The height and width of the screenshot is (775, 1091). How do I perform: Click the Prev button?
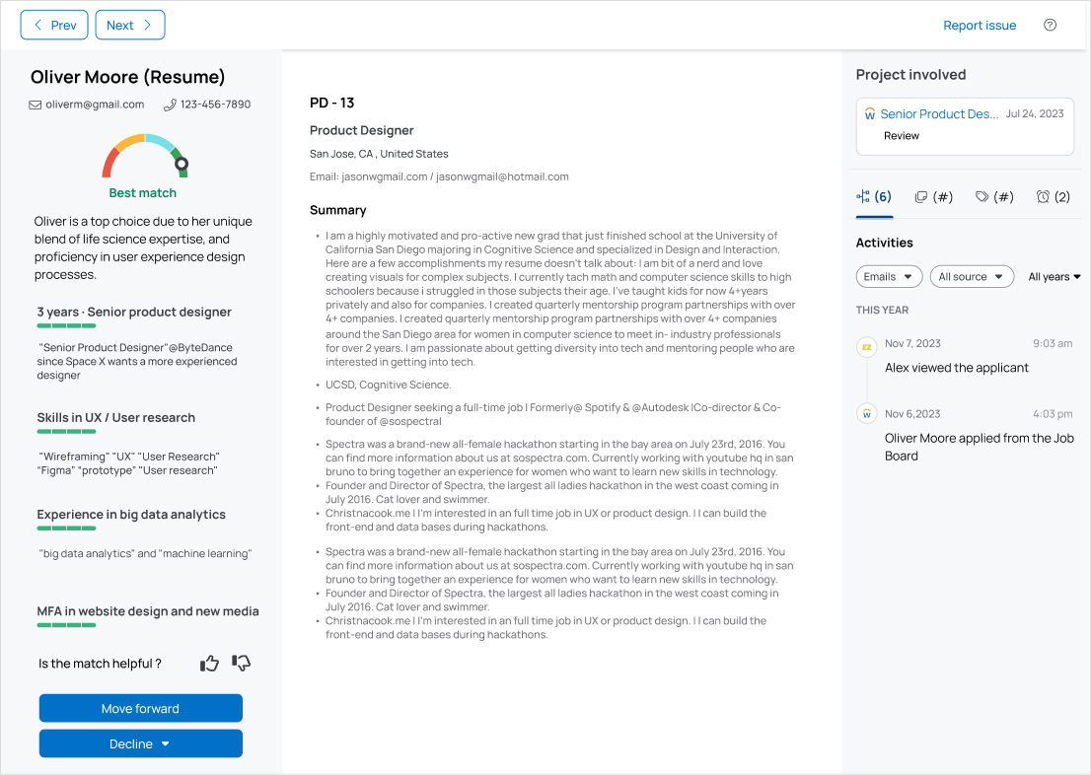tap(54, 26)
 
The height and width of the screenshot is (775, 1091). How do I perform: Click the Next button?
tap(129, 26)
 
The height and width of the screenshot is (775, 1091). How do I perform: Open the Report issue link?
tap(979, 26)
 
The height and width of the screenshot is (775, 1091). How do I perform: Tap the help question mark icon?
tap(1050, 26)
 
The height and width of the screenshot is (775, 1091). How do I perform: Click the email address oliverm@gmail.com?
tap(94, 105)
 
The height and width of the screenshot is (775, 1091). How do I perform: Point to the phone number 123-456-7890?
tap(214, 105)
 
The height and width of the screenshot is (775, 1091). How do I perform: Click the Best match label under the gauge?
tap(143, 193)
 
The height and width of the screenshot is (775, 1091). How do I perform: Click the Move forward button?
tap(140, 709)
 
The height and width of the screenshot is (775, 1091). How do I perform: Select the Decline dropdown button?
tap(140, 744)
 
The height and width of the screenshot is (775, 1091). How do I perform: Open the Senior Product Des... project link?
tap(938, 114)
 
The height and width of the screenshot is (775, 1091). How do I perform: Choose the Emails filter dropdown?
tap(889, 277)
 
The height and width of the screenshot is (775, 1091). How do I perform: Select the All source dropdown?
tap(972, 277)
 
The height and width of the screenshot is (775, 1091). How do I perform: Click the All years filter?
tap(1054, 277)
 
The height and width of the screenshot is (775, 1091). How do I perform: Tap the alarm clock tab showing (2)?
tap(1053, 197)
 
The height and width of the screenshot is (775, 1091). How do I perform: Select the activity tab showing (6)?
tap(874, 197)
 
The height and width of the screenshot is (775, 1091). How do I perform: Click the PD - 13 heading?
tap(331, 103)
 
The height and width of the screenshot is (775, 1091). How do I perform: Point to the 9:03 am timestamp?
tap(1052, 343)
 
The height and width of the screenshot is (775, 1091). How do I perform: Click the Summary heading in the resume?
tap(337, 210)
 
